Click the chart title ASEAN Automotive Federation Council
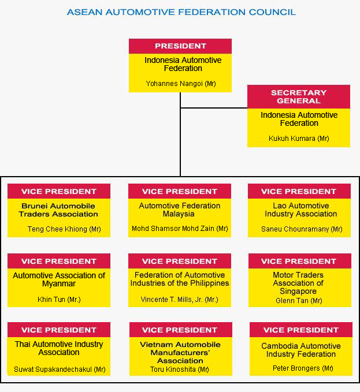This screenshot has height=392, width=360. (181, 12)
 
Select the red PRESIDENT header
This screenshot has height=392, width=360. (180, 46)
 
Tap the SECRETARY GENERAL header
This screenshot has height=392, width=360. (299, 97)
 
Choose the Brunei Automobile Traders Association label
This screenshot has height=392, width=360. (58, 210)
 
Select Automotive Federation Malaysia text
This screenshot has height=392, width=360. (179, 210)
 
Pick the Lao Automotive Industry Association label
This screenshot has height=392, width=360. (301, 210)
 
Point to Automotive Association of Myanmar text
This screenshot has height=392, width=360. (59, 279)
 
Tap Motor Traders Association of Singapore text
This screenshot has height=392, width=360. (298, 283)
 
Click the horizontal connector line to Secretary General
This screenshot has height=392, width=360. (214, 108)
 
